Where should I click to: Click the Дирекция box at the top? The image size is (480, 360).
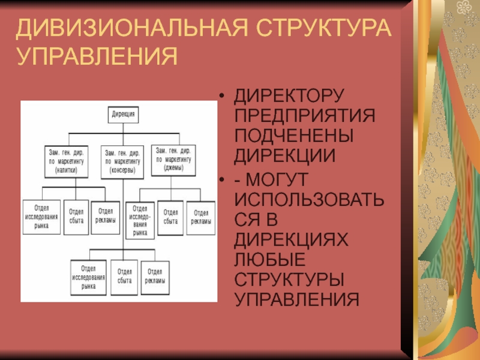123,113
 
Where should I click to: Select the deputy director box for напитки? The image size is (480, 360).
67,160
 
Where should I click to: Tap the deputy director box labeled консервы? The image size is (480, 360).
122,161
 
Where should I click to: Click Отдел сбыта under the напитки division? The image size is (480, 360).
76,216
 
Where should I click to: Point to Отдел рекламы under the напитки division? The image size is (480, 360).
106,215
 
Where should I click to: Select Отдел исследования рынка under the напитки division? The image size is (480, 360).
41,217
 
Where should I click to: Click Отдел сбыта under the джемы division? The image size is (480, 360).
171,217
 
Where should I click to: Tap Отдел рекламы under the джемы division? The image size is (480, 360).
200,217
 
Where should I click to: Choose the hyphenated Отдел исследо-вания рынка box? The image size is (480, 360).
140,220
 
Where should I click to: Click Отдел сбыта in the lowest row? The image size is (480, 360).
125,277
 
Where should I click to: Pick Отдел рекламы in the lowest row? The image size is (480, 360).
154,277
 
